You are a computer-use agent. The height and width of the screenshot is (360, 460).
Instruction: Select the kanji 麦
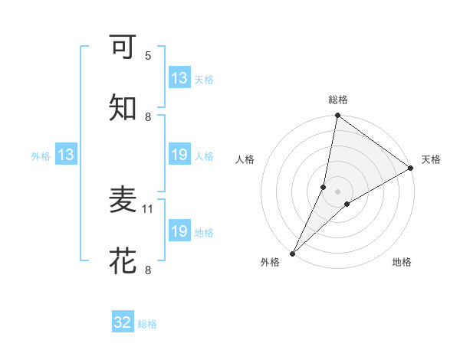pos(123,200)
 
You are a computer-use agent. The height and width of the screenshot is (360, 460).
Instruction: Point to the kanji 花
pos(123,260)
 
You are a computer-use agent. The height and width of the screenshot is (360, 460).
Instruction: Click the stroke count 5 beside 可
pos(148,55)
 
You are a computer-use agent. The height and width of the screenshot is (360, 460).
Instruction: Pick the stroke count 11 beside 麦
pos(149,208)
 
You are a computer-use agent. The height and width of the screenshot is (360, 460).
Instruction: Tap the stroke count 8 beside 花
pos(148,270)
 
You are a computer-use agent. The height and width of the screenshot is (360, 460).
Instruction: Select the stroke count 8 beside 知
pos(148,116)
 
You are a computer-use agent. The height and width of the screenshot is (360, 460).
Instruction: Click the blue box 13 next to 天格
pos(179,78)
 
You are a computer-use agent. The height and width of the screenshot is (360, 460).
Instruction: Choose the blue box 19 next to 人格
pos(179,155)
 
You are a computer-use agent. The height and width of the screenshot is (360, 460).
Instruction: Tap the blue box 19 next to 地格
pos(179,231)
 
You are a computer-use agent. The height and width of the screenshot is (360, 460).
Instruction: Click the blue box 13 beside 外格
pos(66,155)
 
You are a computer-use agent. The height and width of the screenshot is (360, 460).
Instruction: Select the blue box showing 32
pos(123,322)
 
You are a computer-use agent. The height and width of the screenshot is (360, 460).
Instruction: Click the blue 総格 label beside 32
pos(147,324)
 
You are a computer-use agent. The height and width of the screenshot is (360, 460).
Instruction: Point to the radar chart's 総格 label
pos(337,100)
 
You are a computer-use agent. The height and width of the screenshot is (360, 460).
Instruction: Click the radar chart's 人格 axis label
pos(245,159)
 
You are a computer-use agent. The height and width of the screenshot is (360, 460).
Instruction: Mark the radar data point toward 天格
pos(410,169)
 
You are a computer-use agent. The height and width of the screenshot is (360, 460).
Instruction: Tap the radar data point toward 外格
pos(292,253)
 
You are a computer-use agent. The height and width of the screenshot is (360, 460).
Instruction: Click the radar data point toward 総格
pos(337,116)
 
